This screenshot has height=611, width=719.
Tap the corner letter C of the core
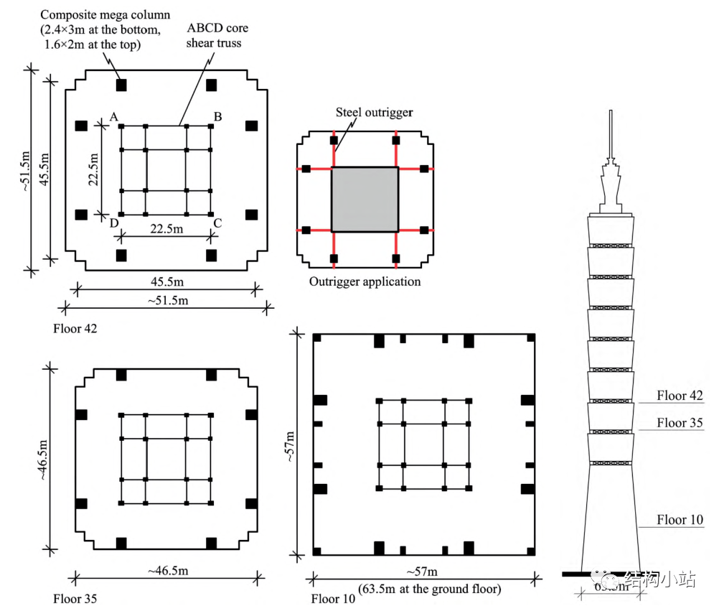pos(217,223)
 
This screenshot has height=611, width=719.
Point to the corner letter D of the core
pos(113,223)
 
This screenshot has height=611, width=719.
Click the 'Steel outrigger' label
pos(375,113)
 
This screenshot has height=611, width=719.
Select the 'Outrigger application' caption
pos(365,281)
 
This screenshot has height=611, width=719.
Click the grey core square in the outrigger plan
pos(365,199)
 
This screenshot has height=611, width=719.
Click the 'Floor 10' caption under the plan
pos(333,598)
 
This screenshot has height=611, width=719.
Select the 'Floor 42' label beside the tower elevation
pos(680,396)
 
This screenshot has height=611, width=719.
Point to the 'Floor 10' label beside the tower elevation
pos(680,520)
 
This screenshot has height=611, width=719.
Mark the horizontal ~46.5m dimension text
pos(169,569)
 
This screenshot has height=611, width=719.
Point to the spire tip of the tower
pos(610,112)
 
